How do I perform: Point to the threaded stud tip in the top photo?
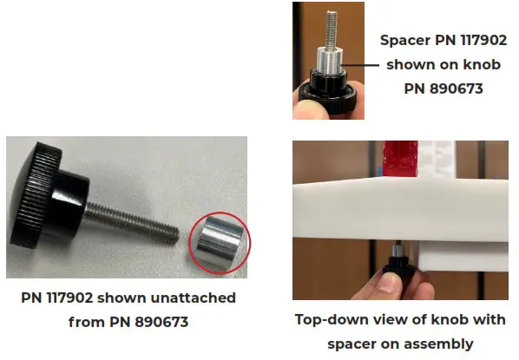[x=332, y=23]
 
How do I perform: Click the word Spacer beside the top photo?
[x=405, y=40]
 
